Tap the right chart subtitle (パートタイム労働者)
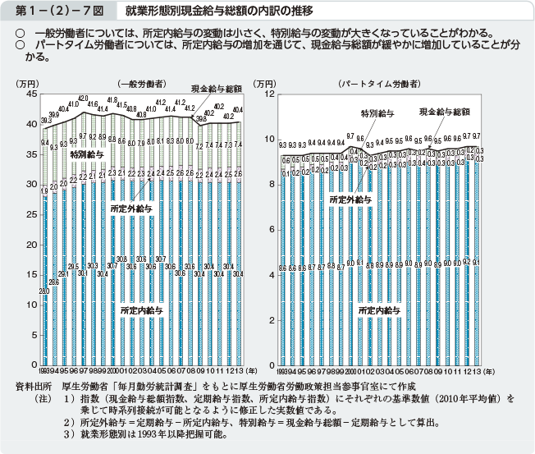click(379, 84)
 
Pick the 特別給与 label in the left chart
click(86, 154)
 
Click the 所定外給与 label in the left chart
click(130, 209)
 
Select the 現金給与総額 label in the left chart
click(216, 88)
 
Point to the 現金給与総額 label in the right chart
click(444, 110)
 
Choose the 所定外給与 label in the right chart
click(350, 199)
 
